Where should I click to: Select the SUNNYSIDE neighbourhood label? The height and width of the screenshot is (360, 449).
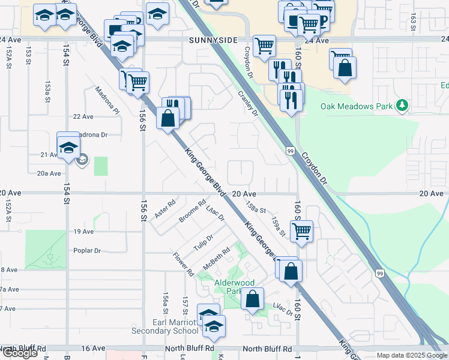point(214,41)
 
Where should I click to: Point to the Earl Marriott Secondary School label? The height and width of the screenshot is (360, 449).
point(175,326)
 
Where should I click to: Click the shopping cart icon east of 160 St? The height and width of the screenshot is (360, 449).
point(301,230)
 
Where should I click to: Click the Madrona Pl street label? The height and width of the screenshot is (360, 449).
point(108,100)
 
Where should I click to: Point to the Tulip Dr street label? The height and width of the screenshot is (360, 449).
point(203,242)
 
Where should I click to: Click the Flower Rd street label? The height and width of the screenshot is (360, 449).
point(184,265)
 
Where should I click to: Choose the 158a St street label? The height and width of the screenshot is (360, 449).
point(255,207)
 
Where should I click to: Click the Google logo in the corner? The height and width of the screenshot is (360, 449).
point(20,353)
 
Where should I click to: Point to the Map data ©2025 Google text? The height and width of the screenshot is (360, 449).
point(411,355)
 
